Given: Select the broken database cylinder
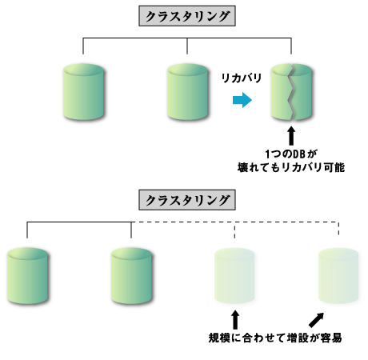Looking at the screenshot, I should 291,92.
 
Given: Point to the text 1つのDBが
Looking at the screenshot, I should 291,152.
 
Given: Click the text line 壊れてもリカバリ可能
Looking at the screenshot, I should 291,167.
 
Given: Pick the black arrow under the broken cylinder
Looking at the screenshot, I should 291,134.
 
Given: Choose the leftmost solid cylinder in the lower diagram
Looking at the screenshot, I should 27,274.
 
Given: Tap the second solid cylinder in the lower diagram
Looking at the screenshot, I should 131,274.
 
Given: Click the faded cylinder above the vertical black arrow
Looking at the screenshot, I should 235,274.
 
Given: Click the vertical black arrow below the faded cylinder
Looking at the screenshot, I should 235,318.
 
